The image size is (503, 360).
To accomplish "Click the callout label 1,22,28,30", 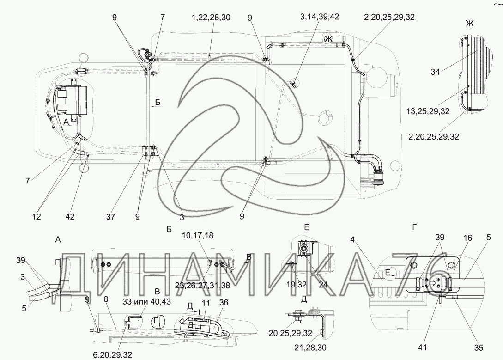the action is [211, 17].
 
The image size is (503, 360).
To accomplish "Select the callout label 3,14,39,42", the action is [320, 17].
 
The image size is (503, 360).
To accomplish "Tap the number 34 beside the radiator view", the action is [435, 72].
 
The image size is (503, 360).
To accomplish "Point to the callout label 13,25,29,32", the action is [428, 111].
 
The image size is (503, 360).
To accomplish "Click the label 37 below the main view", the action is [111, 217].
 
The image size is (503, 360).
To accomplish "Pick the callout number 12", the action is [36, 217].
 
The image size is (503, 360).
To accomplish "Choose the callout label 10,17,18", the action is [197, 236].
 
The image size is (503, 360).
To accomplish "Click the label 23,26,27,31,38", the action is [202, 285].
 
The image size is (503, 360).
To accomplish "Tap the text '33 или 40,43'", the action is [146, 302].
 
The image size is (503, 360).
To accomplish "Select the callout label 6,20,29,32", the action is [112, 355].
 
